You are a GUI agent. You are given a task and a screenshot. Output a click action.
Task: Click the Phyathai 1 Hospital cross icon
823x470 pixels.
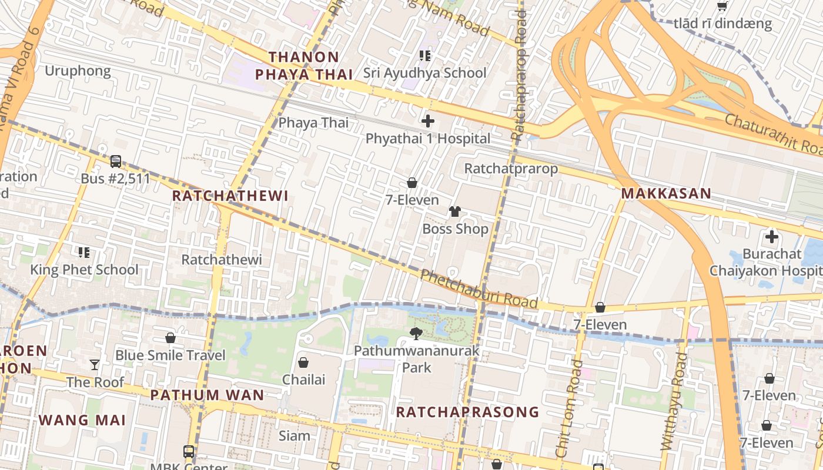(x=428, y=122)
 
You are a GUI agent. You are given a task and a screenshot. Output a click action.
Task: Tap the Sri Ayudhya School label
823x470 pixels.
(x=424, y=73)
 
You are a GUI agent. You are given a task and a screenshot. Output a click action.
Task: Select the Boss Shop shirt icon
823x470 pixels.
(x=455, y=211)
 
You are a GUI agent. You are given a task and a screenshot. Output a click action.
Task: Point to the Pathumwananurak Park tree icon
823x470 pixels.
(x=416, y=334)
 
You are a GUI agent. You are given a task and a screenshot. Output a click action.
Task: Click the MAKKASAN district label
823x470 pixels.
(x=666, y=193)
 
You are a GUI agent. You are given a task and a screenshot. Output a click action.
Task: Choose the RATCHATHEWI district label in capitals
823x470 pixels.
(x=230, y=196)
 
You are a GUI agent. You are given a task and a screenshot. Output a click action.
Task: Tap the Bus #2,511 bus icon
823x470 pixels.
(x=116, y=161)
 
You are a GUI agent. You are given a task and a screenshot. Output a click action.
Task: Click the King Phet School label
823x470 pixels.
(x=85, y=270)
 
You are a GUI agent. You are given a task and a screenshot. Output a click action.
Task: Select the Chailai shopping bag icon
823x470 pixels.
(x=303, y=362)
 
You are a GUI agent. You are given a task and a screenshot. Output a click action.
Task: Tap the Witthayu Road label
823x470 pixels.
(x=674, y=405)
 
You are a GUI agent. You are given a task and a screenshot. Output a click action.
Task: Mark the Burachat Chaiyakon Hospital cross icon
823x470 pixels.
(x=771, y=237)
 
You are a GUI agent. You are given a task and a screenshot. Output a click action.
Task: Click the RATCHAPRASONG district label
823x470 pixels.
(x=467, y=412)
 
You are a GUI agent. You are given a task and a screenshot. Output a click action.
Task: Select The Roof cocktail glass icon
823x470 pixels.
(x=95, y=365)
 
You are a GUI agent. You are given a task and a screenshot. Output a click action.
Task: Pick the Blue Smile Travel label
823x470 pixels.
(x=170, y=355)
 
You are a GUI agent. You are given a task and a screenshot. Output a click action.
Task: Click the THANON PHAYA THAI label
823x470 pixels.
(x=304, y=65)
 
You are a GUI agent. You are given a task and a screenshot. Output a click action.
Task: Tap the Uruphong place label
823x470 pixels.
(x=78, y=71)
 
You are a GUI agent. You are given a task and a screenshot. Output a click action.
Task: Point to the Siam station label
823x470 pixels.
(x=295, y=435)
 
